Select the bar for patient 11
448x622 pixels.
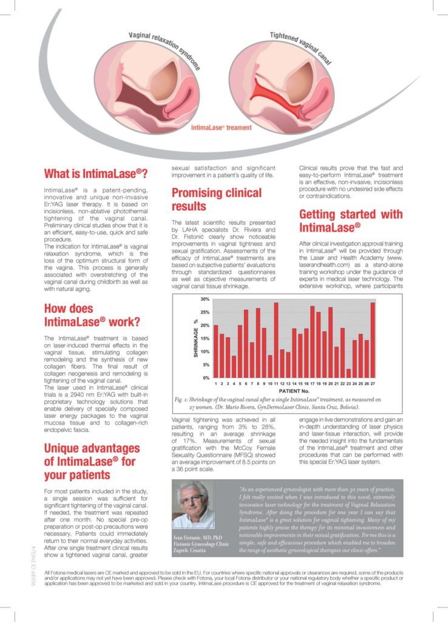(x=276, y=340)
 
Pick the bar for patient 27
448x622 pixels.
(x=372, y=340)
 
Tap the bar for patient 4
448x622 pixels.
(x=234, y=367)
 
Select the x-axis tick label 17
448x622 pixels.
(x=312, y=384)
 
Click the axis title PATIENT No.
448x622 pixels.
(x=295, y=392)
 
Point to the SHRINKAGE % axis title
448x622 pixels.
(x=196, y=338)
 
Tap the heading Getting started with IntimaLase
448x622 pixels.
(x=351, y=221)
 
